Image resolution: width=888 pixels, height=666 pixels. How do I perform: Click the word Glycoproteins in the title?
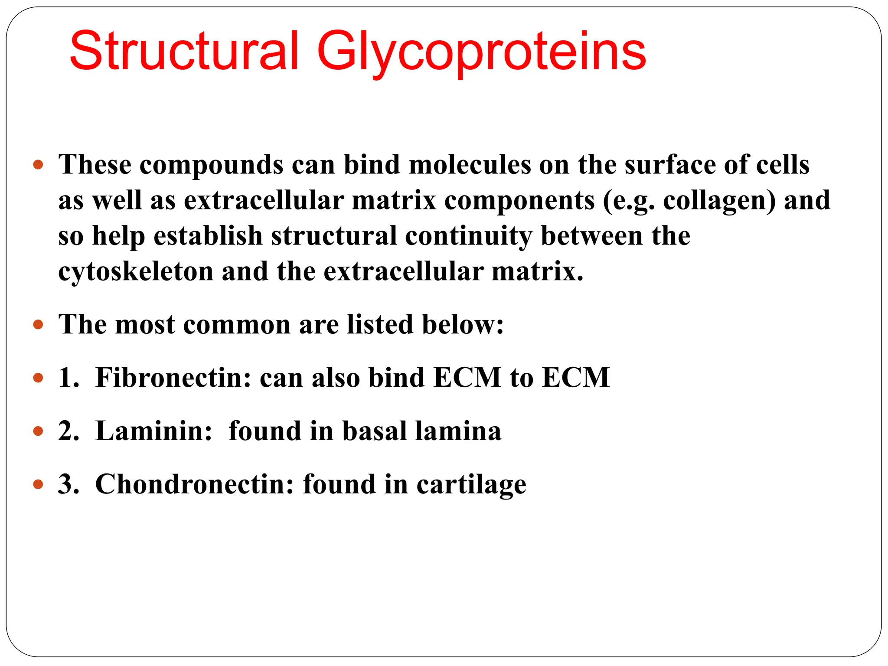[x=481, y=52]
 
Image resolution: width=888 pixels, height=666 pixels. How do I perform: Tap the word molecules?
[x=470, y=165]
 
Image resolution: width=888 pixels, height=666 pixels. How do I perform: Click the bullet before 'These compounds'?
[x=38, y=165]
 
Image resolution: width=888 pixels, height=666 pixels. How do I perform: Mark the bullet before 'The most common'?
[x=38, y=324]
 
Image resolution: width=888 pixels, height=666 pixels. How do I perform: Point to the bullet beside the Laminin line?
[x=38, y=431]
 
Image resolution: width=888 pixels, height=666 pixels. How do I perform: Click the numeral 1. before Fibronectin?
[x=69, y=377]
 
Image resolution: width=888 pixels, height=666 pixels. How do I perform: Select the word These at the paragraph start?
[x=95, y=165]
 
